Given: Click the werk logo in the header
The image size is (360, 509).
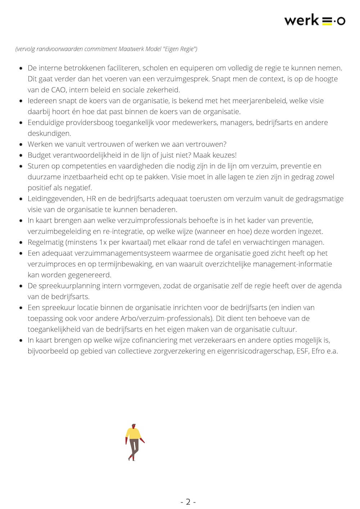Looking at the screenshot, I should [x=314, y=21].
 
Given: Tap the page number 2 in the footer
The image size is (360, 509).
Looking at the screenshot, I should [x=188, y=502].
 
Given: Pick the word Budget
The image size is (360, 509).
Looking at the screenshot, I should [x=40, y=155].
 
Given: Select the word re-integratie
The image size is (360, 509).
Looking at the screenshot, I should [x=123, y=231].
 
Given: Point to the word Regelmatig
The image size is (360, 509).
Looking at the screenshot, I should [x=46, y=242].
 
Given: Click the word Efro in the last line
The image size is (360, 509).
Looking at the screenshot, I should [x=318, y=351].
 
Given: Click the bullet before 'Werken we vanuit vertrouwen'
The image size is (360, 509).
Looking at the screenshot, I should [x=21, y=145].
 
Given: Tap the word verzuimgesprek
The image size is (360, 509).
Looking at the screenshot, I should [x=182, y=79].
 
